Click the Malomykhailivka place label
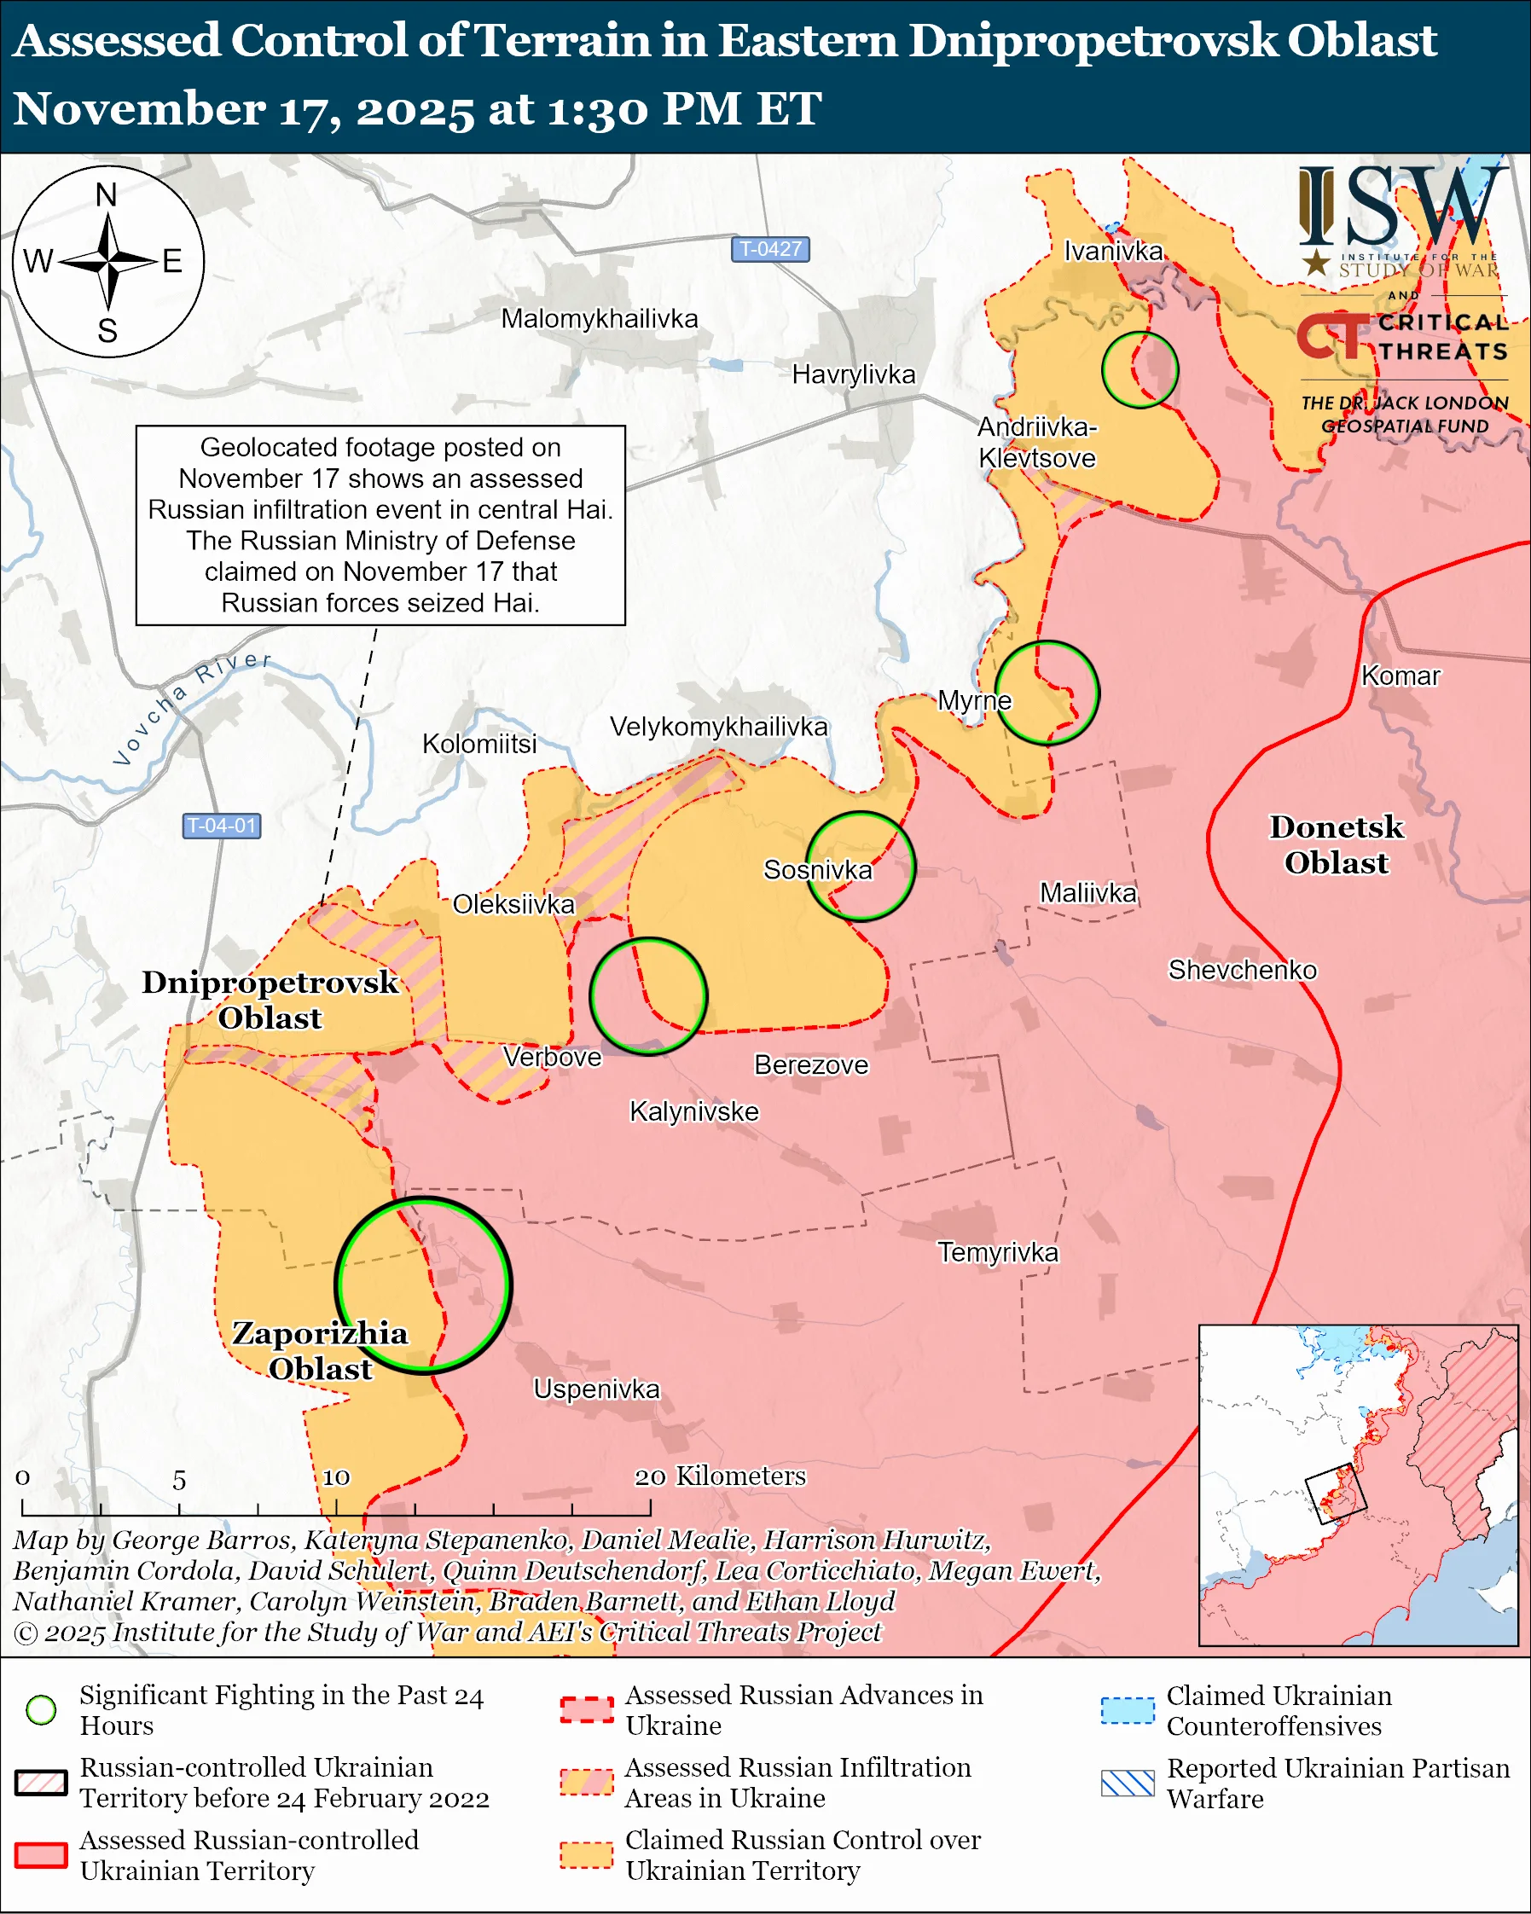coord(599,319)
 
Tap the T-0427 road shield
coord(769,249)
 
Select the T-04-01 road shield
coord(221,826)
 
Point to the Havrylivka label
coord(853,374)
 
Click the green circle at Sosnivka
coord(860,866)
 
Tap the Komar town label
coord(1400,676)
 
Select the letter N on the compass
coord(107,194)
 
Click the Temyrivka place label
coord(998,1253)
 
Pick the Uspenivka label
coord(596,1389)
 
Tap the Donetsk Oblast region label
coord(1336,844)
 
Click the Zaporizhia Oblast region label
coord(320,1350)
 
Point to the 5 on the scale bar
coord(179,1480)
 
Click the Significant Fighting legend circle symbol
coord(42,1710)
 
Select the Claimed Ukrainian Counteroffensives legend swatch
coord(1128,1710)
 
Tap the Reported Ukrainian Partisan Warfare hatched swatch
coord(1128,1783)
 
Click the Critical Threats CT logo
coord(1332,336)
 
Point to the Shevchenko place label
coord(1242,970)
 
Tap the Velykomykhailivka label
coord(718,727)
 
